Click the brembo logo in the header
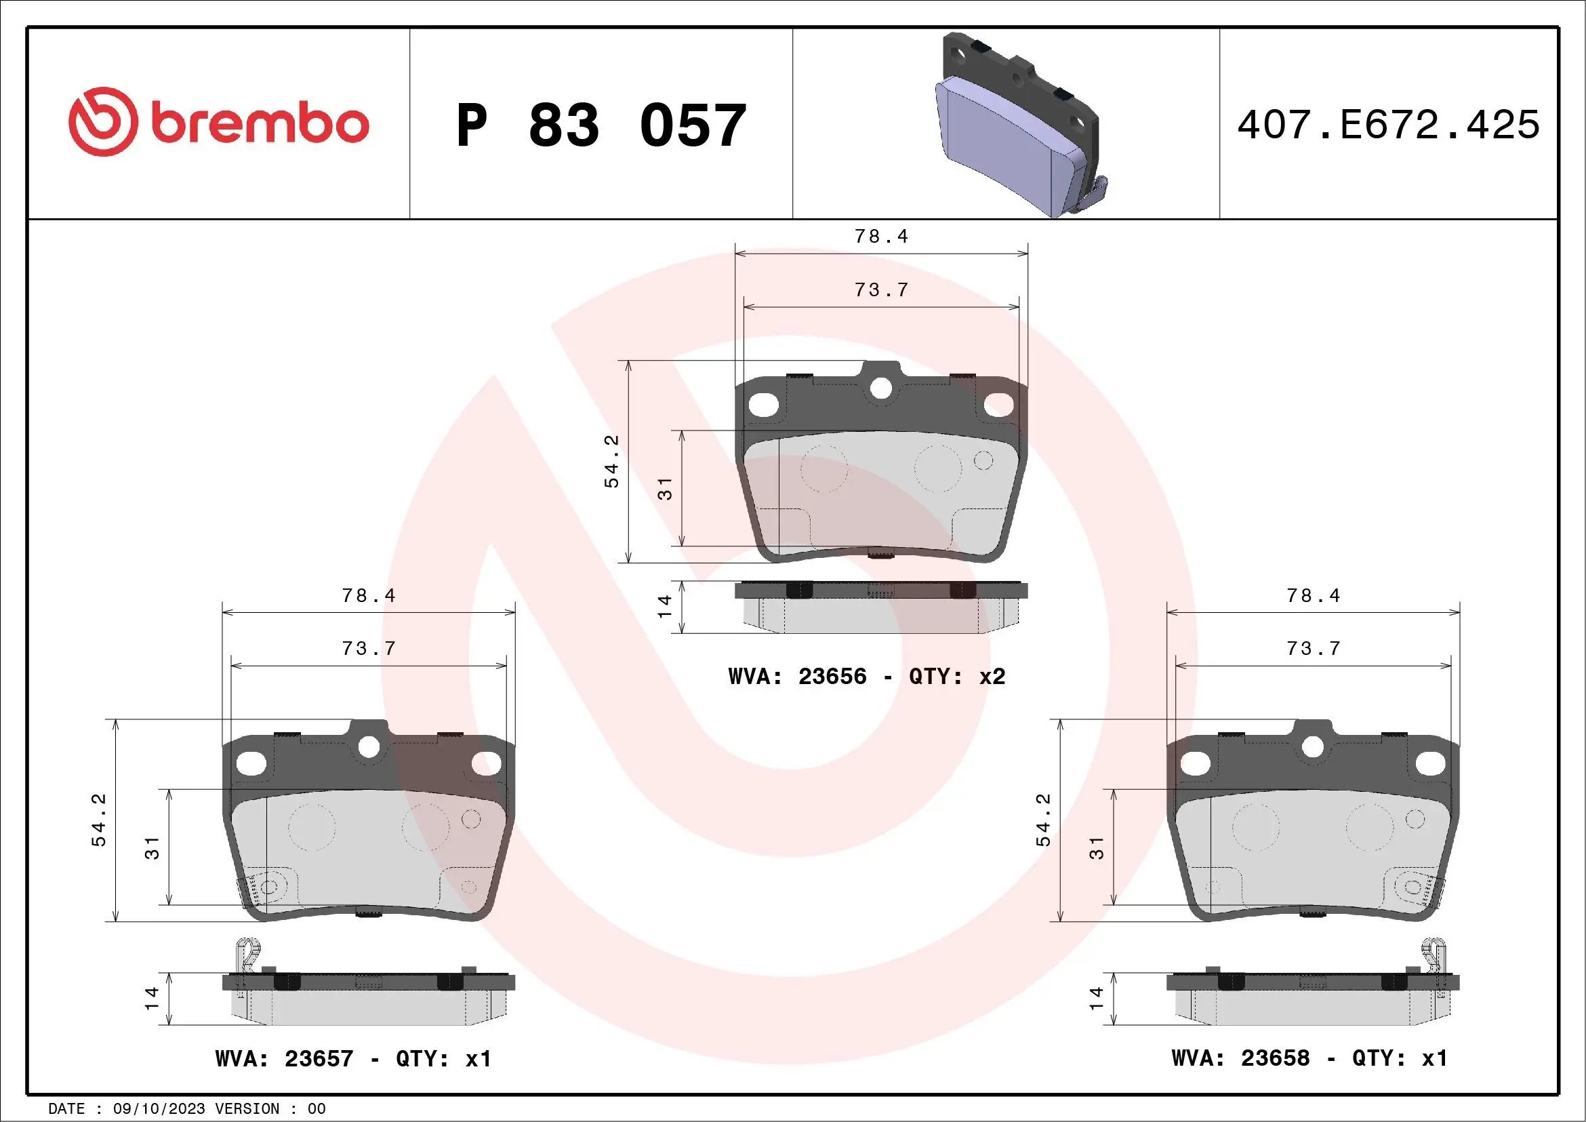218,122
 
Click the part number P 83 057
601,125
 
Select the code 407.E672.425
1389,125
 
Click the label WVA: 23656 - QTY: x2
866,676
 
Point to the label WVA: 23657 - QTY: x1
353,1058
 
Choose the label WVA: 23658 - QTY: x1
1309,1058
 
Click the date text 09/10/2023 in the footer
159,1109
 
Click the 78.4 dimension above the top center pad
880,237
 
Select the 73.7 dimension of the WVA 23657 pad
369,648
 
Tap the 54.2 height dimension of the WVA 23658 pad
1043,820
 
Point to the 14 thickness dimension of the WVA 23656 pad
664,606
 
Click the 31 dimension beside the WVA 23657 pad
152,847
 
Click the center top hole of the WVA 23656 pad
880,388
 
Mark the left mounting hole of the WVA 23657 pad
251,763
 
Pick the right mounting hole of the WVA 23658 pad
1430,763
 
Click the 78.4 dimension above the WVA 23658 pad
1312,595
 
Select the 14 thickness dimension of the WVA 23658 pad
1096,999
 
